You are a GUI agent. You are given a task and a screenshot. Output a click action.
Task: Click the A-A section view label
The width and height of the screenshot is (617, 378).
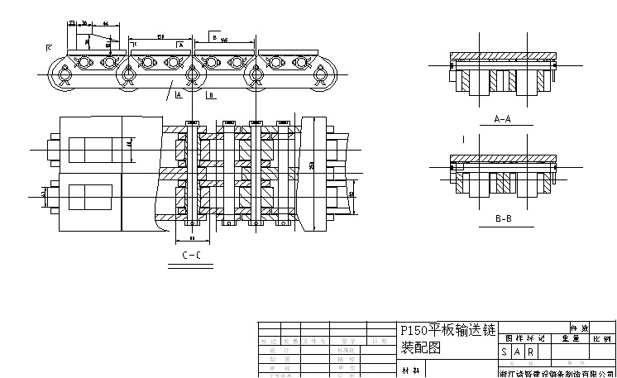tap(502, 119)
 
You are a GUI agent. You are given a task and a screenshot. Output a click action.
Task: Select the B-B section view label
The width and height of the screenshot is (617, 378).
tap(502, 219)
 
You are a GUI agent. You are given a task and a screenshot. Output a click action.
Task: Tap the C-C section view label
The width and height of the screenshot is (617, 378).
tap(191, 256)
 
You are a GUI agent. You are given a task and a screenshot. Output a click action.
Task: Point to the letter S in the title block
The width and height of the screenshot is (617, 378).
tap(505, 352)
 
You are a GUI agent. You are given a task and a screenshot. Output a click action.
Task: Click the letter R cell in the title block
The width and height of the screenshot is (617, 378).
tap(530, 352)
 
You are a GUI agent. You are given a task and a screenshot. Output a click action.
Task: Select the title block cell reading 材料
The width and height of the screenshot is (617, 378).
tap(411, 371)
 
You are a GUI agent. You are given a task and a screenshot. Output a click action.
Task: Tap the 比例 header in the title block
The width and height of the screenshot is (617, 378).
tap(601, 338)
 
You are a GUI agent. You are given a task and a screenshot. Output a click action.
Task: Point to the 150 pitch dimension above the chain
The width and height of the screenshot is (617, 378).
tap(159, 37)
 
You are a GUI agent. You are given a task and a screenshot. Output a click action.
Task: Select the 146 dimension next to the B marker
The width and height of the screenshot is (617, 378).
tap(224, 40)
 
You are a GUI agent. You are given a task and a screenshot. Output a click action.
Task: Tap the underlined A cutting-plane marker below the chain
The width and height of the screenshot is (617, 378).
tap(179, 95)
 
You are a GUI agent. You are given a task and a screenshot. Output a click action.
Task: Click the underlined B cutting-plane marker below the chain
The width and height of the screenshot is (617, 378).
tap(211, 95)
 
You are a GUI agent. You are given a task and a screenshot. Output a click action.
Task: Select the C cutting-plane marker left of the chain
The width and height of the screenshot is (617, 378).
tap(49, 47)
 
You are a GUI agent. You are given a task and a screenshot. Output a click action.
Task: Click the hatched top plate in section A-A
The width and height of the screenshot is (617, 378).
tap(502, 55)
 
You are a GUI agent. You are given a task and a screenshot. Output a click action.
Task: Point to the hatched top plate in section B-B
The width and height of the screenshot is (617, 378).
tap(502, 157)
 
